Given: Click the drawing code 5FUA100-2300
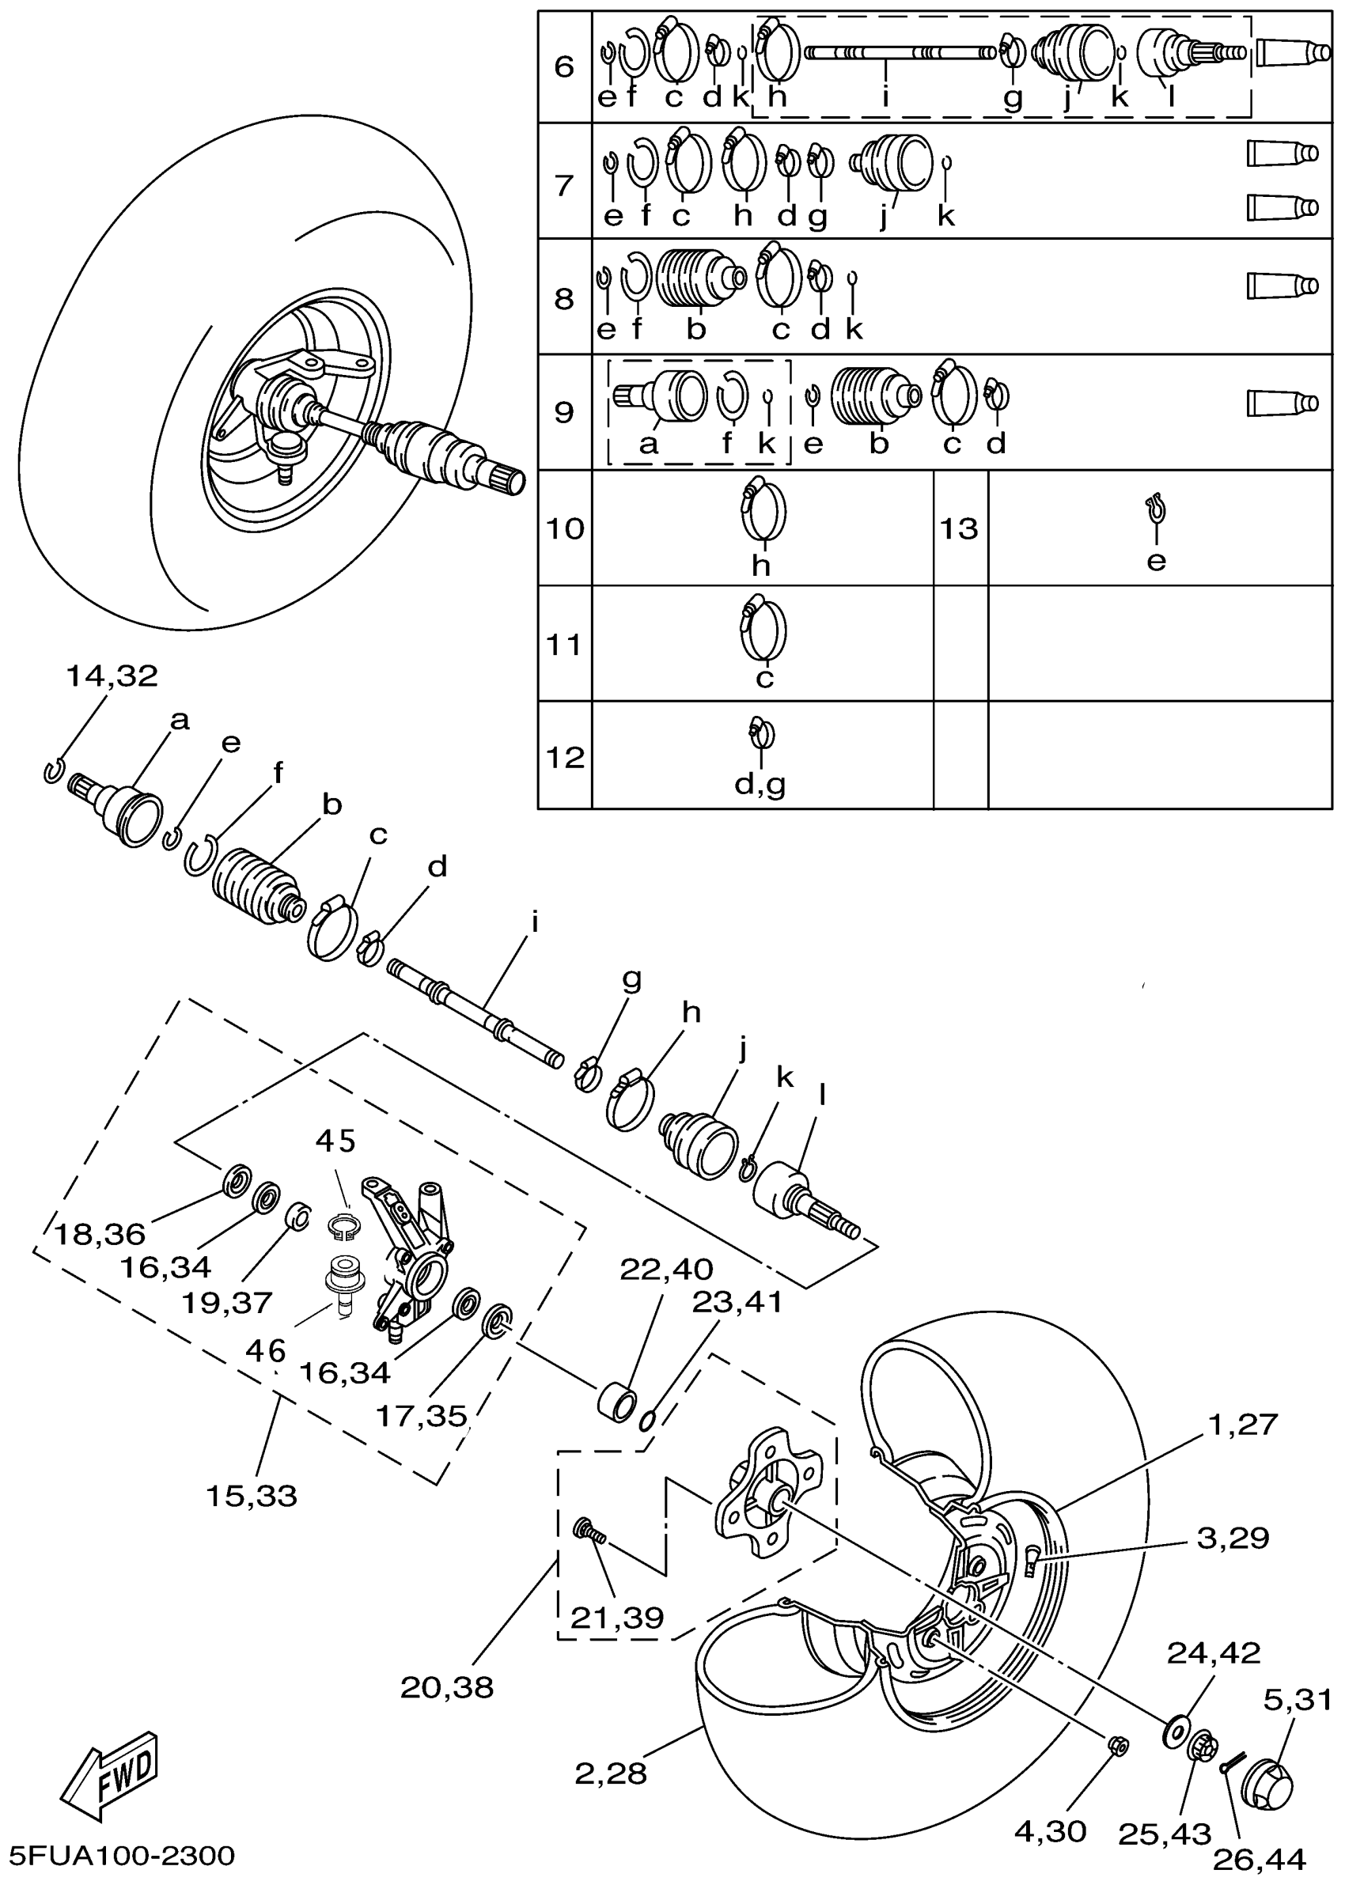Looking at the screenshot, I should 123,1855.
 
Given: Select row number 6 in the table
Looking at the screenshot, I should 564,66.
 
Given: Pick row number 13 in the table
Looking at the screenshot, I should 959,528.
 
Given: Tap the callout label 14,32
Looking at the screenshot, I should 111,676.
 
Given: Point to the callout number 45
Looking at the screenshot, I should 335,1141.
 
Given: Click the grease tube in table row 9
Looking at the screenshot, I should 1282,403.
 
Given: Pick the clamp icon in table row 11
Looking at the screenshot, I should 763,630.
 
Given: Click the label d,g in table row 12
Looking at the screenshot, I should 760,783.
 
